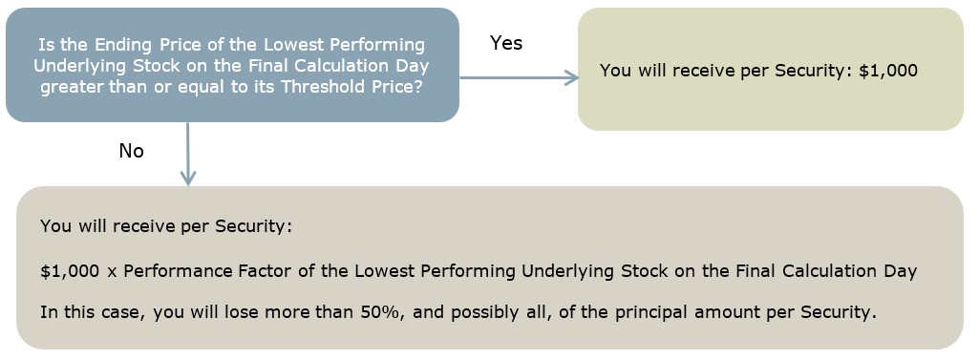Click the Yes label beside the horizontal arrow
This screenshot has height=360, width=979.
pos(506,43)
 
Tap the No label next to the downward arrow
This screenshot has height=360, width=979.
pos(131,151)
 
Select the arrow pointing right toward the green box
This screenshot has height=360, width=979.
pos(520,77)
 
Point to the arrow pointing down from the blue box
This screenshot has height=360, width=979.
pos(187,154)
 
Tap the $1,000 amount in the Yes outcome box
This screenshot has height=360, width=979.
pos(888,71)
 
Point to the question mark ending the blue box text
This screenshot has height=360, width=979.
pos(417,86)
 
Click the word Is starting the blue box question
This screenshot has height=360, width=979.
pos(44,45)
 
